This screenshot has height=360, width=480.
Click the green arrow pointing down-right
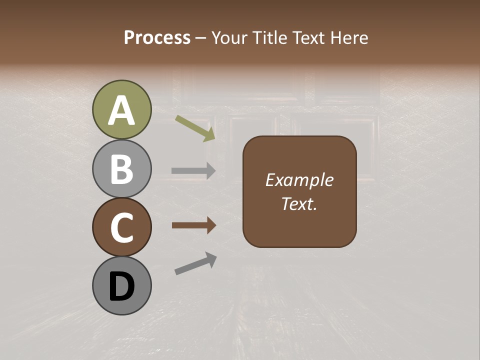(x=195, y=128)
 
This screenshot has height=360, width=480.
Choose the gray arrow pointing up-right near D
(x=195, y=263)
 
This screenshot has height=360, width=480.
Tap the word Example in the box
(x=299, y=180)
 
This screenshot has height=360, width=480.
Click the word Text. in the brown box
(x=299, y=203)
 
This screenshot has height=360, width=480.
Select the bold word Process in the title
(x=157, y=37)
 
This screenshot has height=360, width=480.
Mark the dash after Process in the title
(x=201, y=38)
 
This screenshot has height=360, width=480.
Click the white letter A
(x=122, y=110)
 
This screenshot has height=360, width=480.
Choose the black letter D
(x=122, y=287)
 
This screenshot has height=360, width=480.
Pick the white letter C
(x=122, y=228)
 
